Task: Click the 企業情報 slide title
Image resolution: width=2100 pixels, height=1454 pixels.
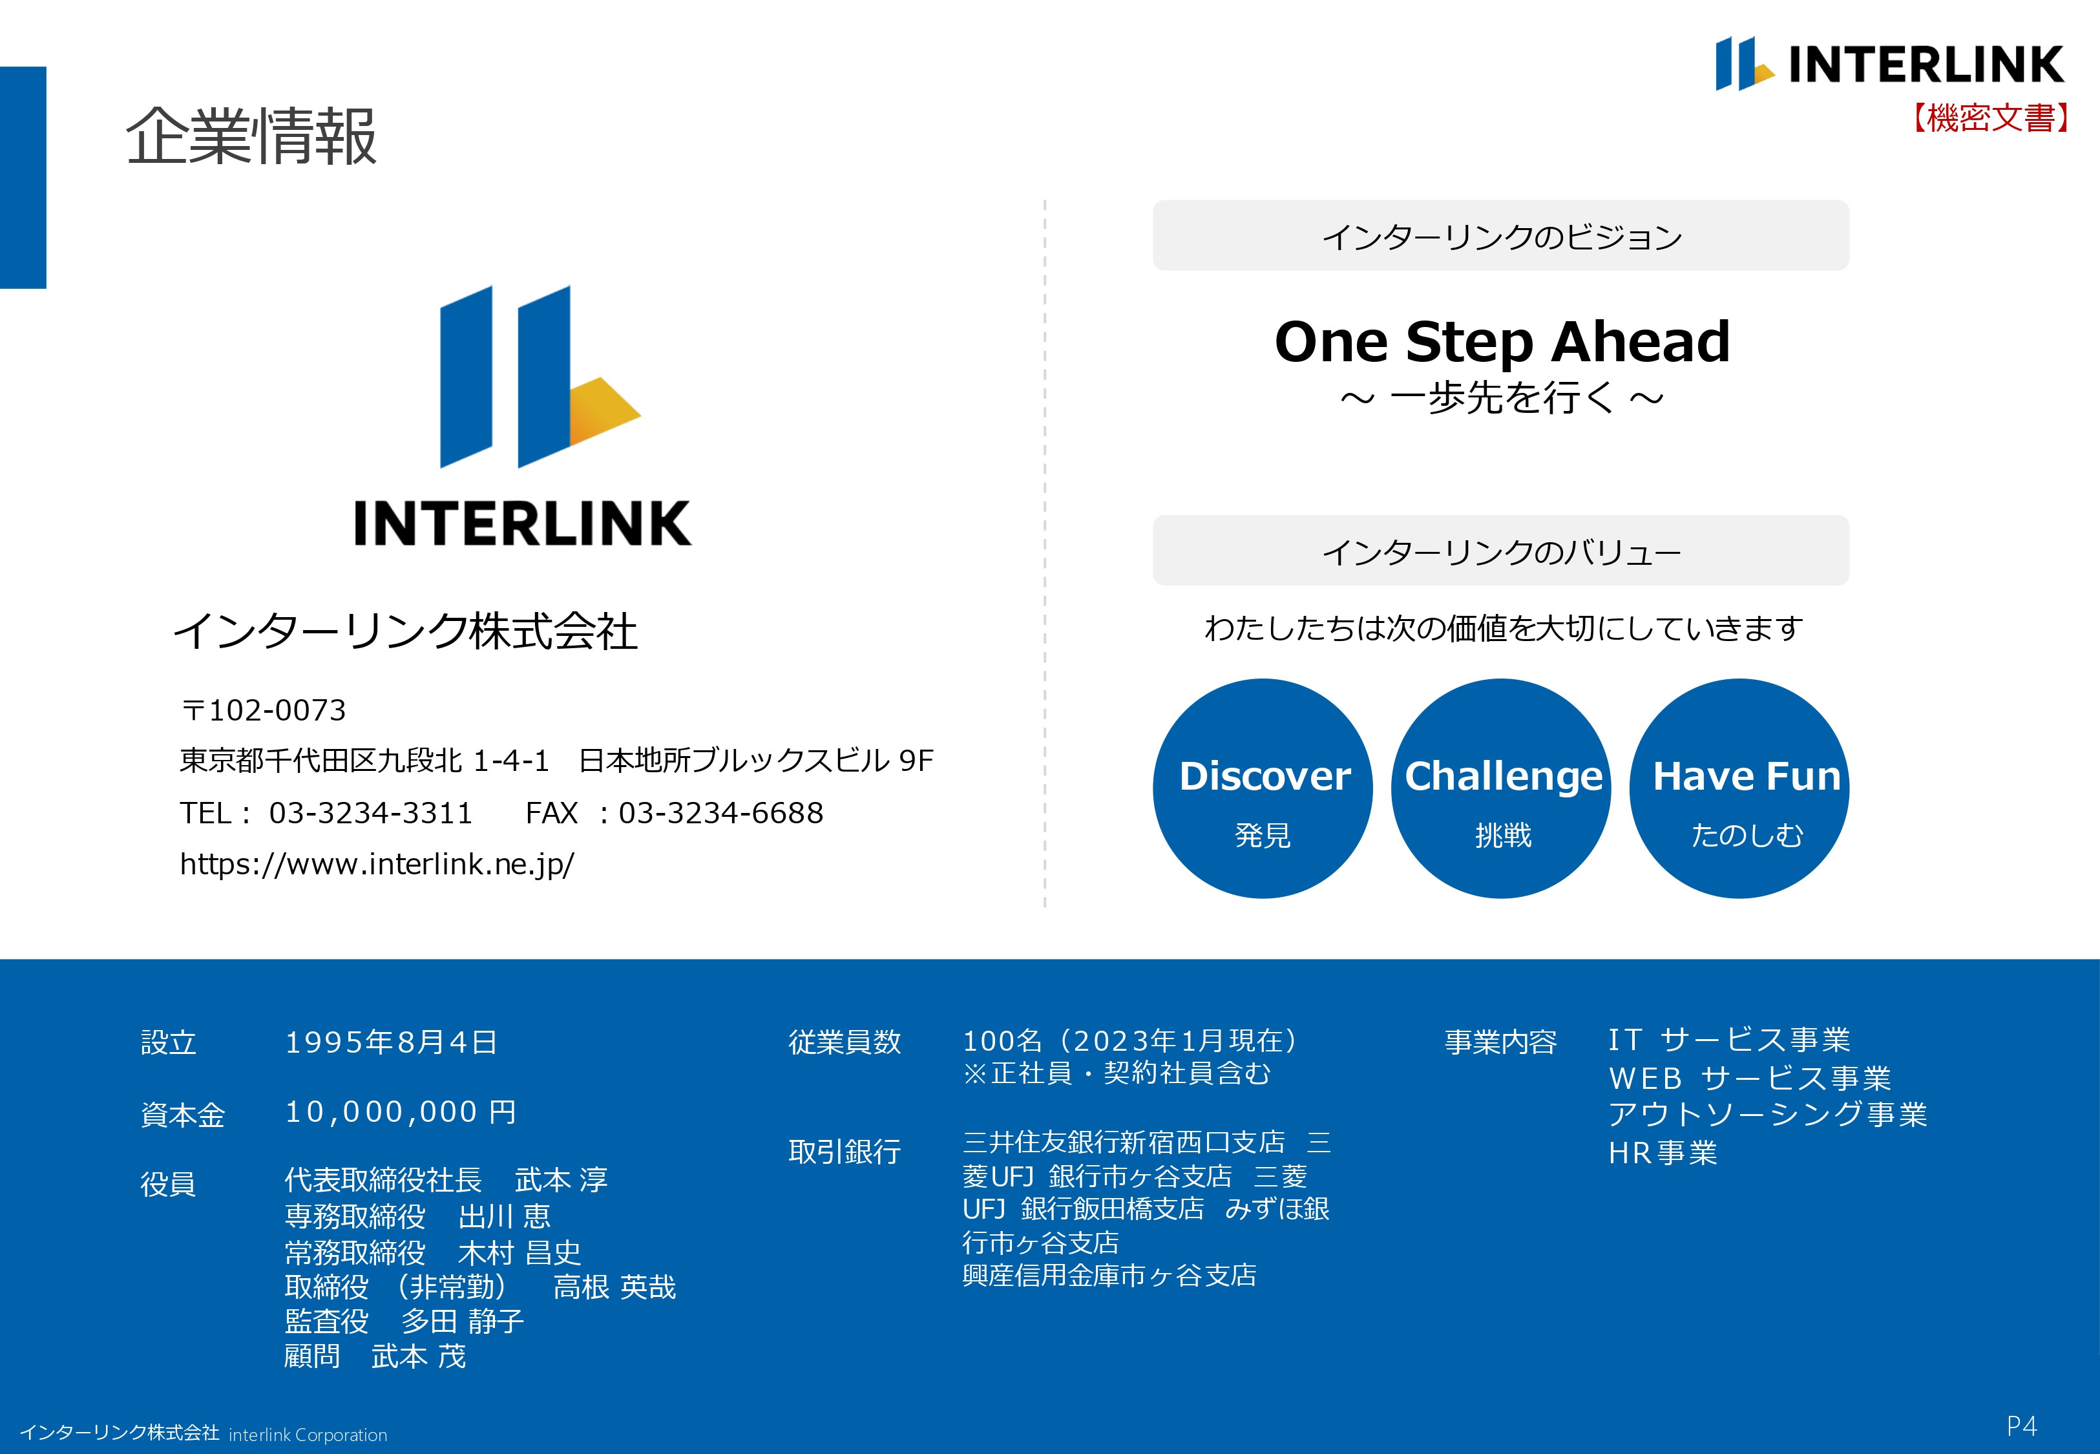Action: [x=251, y=136]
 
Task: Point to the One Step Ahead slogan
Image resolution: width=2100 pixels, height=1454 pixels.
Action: [x=1502, y=342]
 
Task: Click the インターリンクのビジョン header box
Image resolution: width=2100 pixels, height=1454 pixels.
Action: [x=1501, y=236]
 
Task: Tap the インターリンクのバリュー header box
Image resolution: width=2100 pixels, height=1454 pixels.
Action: [x=1501, y=551]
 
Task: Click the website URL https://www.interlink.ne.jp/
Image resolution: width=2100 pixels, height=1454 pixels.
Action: [x=377, y=863]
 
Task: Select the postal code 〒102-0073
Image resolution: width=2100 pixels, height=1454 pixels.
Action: [x=264, y=710]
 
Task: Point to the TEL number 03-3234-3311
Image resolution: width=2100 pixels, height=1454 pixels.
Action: [x=371, y=813]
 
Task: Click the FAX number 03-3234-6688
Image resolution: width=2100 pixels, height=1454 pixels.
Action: [x=720, y=813]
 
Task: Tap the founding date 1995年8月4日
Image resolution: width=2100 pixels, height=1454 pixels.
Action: [x=392, y=1041]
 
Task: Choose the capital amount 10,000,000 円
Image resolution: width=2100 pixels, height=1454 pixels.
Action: [x=401, y=1112]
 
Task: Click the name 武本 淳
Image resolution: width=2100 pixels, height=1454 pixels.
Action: [x=561, y=1180]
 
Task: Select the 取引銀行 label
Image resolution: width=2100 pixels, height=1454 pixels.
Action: [x=844, y=1152]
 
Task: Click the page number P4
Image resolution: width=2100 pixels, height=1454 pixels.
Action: [x=2022, y=1426]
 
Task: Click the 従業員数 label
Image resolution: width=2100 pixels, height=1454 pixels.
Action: [x=844, y=1041]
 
